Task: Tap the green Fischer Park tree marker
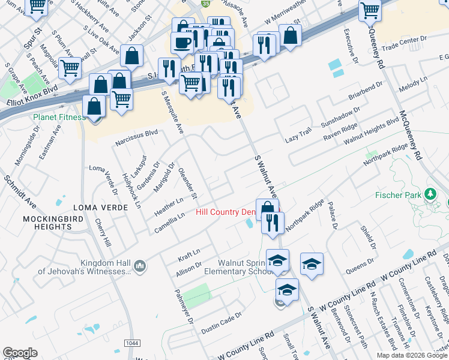[430, 194]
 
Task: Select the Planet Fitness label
[59, 117]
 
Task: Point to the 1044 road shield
[133, 342]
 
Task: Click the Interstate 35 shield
[205, 4]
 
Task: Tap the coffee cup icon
[182, 43]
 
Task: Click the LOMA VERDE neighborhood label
[100, 207]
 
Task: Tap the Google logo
[20, 353]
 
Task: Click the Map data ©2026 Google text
[412, 355]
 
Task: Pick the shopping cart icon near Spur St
[37, 6]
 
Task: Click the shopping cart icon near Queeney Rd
[370, 10]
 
